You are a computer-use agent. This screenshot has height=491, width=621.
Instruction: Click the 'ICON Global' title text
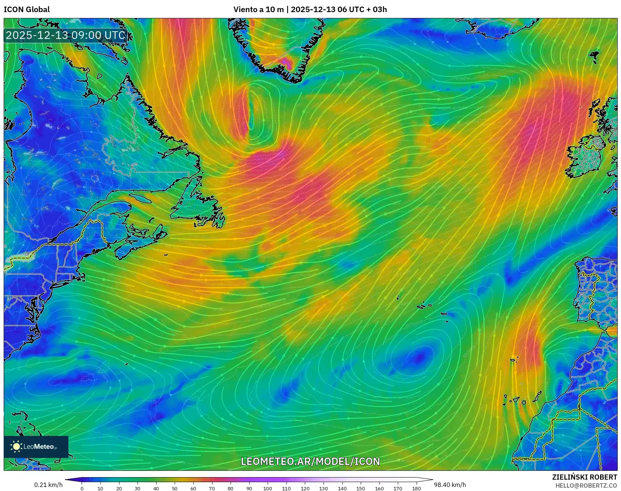[26, 10]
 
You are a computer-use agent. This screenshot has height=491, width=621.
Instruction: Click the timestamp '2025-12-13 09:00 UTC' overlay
[66, 35]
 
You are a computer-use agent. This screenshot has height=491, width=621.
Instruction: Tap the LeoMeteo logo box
[36, 447]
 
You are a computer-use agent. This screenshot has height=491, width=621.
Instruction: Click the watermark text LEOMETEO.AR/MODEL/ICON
[310, 461]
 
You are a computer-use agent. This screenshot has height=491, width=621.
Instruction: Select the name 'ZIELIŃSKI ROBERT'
[584, 477]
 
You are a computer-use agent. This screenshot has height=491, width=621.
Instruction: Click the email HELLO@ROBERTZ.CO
[586, 485]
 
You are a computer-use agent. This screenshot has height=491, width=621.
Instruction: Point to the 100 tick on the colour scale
[268, 488]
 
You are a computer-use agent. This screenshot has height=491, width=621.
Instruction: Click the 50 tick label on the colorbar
[175, 488]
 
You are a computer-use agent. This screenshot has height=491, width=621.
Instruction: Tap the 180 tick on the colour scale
[416, 488]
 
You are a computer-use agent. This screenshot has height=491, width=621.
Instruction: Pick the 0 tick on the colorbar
[82, 488]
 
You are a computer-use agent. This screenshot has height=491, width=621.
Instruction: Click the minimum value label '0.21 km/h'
[48, 485]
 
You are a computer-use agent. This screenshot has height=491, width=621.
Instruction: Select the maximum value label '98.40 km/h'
[450, 485]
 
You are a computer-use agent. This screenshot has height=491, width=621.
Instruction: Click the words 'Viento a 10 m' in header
[258, 10]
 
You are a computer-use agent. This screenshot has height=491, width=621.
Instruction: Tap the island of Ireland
[586, 156]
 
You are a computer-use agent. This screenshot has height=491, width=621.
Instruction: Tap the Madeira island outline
[514, 360]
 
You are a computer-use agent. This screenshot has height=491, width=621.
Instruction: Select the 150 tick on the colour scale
[361, 488]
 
